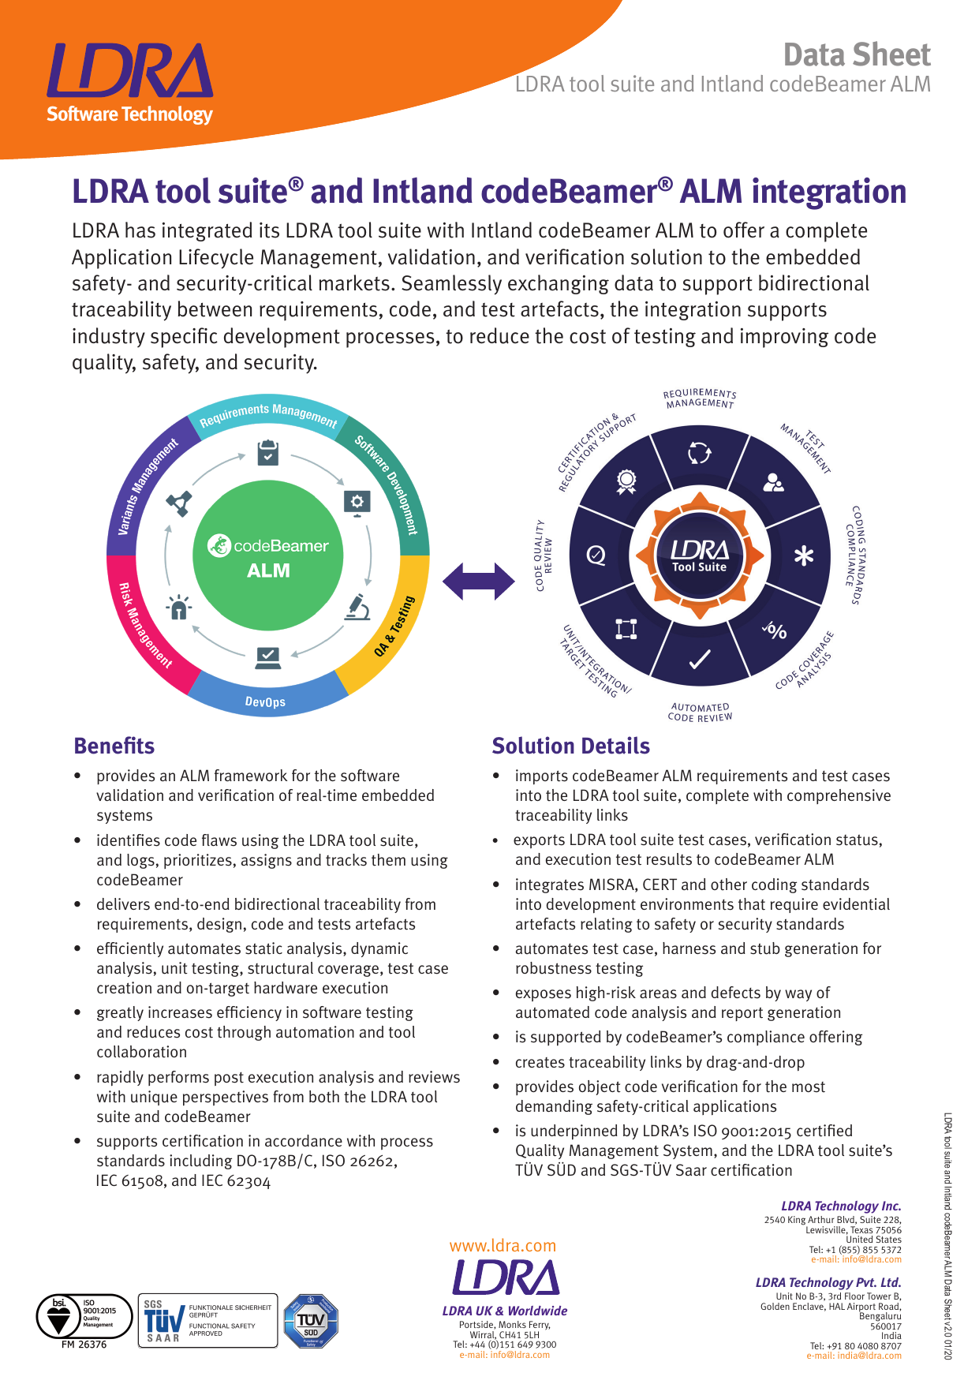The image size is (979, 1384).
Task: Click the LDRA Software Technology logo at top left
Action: point(129,84)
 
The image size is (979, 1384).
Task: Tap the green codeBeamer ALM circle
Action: point(268,556)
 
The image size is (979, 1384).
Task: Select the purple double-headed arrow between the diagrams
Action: point(479,582)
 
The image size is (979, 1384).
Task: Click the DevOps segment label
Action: point(265,701)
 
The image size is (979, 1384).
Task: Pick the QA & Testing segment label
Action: point(394,627)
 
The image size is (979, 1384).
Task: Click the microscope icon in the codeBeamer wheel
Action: point(357,607)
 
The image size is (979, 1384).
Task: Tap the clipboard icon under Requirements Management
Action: point(268,453)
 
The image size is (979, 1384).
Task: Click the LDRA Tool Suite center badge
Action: point(700,555)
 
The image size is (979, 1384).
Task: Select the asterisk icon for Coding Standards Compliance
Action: point(803,556)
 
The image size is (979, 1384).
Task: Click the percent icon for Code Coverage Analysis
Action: point(775,630)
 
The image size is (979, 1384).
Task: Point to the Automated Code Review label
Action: point(700,713)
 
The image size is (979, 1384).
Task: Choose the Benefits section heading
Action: point(114,746)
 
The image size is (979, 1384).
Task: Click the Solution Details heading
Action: point(570,746)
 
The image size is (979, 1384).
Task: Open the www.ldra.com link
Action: point(503,1245)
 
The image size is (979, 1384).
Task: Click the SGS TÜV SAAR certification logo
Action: point(207,1320)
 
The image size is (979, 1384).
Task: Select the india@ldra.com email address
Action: point(854,1356)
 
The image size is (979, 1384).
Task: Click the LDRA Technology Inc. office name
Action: point(841,1206)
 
